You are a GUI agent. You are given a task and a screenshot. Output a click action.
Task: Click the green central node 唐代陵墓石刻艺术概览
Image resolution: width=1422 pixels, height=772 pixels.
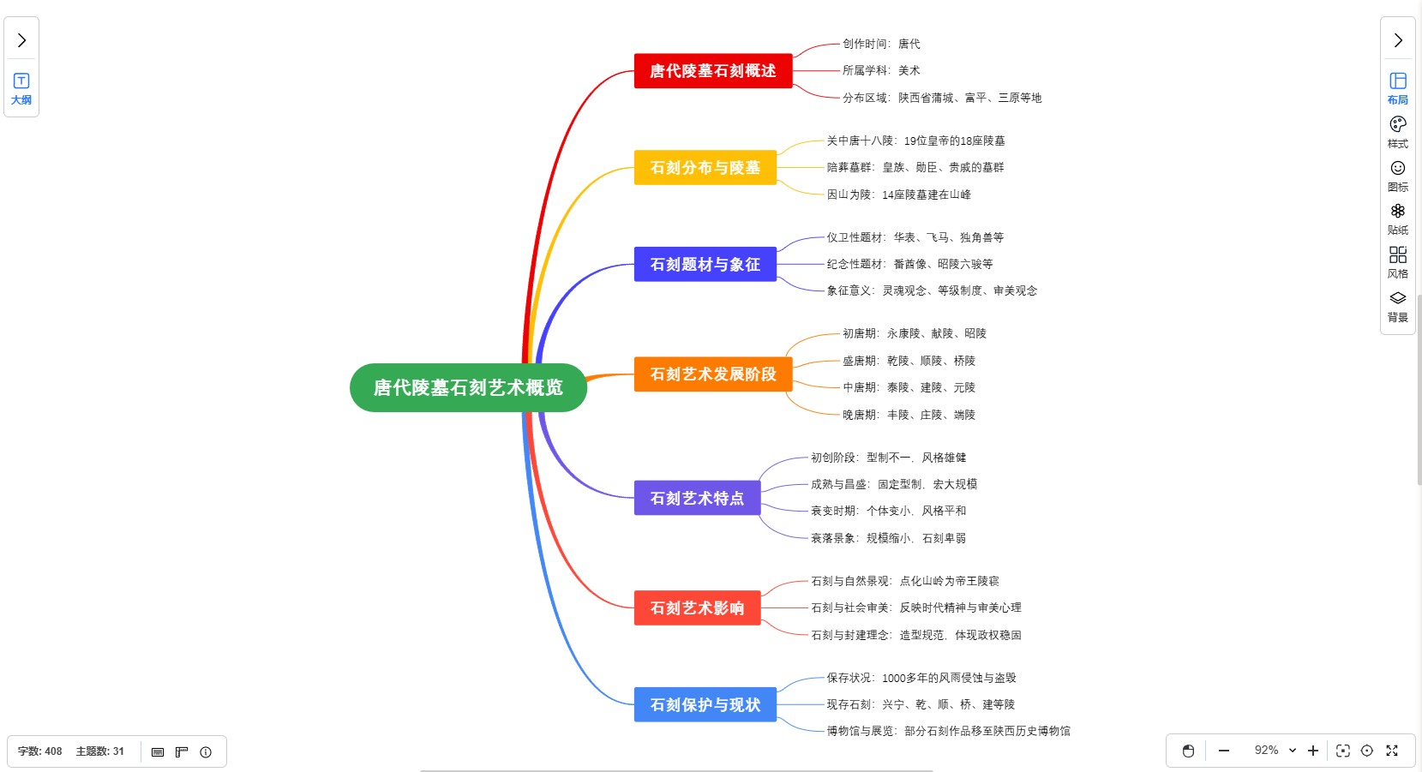[468, 387]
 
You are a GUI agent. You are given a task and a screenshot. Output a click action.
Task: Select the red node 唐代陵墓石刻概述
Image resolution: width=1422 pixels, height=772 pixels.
[712, 71]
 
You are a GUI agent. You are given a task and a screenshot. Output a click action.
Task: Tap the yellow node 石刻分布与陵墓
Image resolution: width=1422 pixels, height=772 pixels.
[705, 168]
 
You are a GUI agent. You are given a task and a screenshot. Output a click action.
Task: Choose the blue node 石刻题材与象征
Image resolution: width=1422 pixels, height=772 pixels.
[705, 265]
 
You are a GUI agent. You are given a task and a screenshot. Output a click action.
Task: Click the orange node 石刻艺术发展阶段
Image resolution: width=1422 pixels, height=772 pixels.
[712, 374]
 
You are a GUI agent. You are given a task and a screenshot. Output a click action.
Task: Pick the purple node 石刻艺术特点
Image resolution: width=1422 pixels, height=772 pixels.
[697, 498]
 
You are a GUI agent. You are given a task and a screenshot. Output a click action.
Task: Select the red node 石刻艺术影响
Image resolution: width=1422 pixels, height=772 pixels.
[697, 607]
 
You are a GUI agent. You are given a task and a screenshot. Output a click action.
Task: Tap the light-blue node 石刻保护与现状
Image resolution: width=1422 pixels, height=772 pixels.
[705, 704]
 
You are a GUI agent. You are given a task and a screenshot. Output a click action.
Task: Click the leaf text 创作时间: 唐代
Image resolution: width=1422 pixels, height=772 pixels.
[880, 44]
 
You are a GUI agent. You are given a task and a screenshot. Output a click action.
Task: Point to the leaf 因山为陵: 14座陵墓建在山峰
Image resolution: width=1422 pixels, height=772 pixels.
[898, 194]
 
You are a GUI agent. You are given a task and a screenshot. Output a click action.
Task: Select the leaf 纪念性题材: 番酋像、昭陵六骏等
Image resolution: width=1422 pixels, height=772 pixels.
[909, 264]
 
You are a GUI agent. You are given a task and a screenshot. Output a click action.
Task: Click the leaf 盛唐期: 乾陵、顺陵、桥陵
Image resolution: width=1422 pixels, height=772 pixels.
[909, 361]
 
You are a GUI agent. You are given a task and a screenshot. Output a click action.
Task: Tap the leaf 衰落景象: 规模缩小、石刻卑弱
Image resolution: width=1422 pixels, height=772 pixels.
[888, 538]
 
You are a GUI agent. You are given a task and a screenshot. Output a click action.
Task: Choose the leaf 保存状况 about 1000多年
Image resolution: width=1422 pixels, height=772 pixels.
[921, 678]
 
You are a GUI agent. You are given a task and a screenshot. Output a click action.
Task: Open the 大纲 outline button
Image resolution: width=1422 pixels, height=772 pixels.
[21, 88]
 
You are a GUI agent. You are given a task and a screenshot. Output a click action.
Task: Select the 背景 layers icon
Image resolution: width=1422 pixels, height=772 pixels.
[1398, 306]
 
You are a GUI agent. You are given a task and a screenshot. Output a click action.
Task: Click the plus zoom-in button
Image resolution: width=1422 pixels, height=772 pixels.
[1312, 751]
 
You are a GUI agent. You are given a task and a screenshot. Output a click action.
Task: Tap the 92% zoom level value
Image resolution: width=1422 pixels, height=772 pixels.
[1266, 751]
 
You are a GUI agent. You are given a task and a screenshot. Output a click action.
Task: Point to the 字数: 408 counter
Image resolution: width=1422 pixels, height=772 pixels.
[40, 751]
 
